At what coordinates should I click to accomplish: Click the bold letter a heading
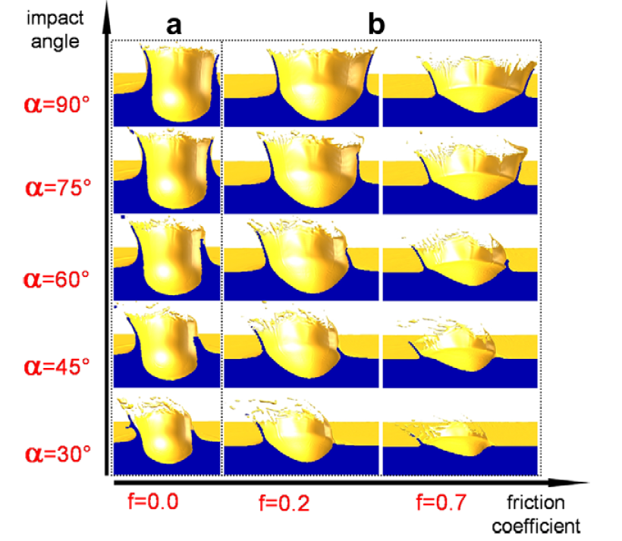pyautogui.click(x=174, y=26)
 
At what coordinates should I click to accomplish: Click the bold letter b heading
pyautogui.click(x=376, y=26)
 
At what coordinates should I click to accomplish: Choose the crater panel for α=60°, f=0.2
pyautogui.click(x=301, y=258)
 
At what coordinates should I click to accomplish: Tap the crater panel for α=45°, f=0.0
pyautogui.click(x=167, y=345)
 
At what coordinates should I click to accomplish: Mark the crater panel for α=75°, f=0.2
pyautogui.click(x=301, y=171)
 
